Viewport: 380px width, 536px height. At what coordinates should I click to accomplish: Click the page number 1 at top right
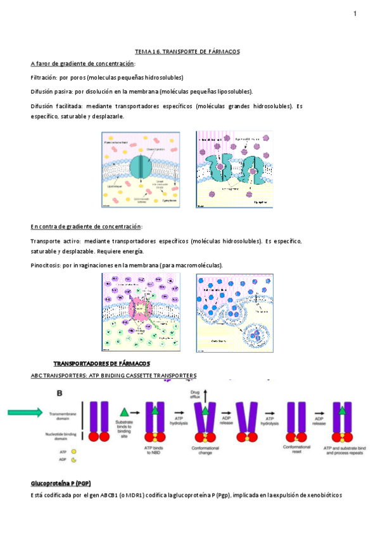[355, 14]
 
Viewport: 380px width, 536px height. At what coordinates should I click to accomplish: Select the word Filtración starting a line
[43, 78]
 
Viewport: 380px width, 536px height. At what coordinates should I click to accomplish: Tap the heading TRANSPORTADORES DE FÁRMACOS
[101, 364]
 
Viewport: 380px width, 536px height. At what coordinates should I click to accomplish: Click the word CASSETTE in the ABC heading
[144, 375]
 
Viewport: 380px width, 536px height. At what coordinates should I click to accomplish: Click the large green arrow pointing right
[29, 412]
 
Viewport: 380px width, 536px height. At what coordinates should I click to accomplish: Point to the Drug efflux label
[196, 395]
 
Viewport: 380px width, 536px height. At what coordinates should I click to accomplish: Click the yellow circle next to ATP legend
[73, 452]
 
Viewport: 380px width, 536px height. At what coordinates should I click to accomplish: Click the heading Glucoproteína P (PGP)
[61, 484]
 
